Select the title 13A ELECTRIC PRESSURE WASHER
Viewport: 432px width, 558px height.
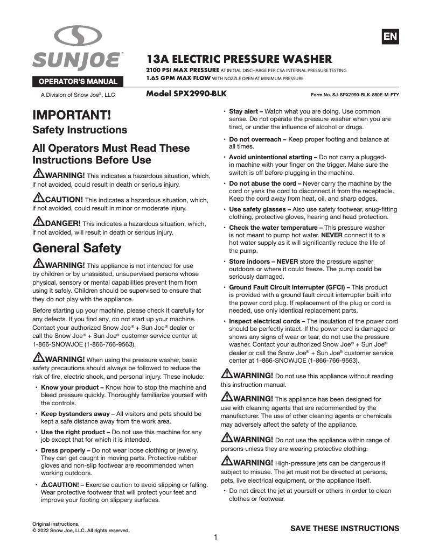coord(239,59)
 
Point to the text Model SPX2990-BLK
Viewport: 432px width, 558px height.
coord(186,94)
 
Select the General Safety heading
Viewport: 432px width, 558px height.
coord(77,248)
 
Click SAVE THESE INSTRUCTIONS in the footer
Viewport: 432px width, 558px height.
coord(345,528)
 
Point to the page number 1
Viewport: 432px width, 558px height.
coord(215,537)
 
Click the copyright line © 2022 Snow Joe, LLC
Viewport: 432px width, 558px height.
coord(81,530)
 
